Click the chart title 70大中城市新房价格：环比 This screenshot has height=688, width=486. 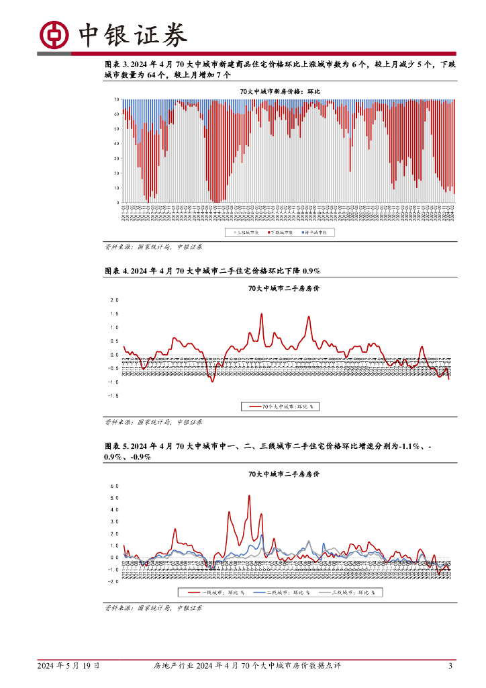click(281, 91)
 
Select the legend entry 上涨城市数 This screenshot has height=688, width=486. click(247, 232)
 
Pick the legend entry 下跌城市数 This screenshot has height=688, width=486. click(283, 232)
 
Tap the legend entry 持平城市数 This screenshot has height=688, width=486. click(318, 232)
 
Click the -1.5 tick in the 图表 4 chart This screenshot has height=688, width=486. click(113, 396)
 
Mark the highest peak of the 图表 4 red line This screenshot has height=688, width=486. click(261, 314)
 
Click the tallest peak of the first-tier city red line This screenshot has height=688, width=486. click(249, 496)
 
